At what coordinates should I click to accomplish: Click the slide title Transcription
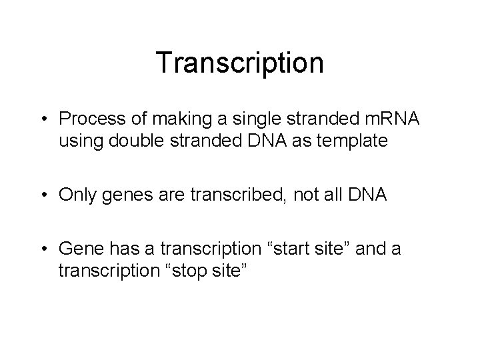coord(240,63)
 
